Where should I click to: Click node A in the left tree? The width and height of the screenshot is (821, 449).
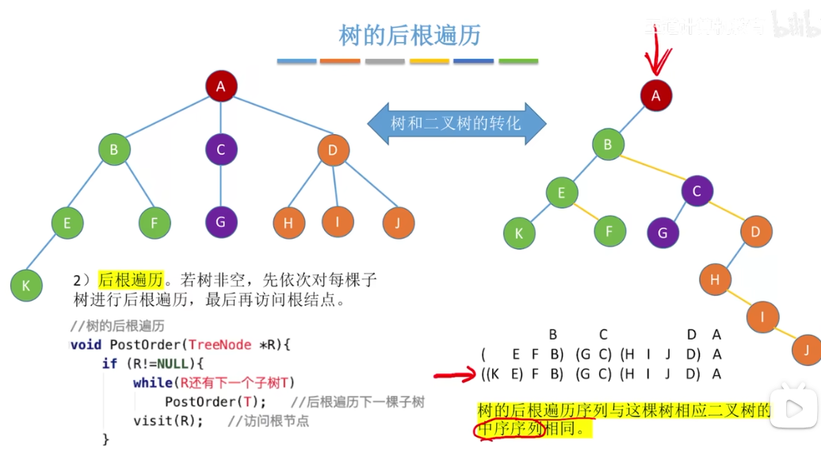[221, 86]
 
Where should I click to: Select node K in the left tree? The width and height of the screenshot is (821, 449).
[26, 286]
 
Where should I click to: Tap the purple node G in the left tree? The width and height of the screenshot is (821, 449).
[220, 222]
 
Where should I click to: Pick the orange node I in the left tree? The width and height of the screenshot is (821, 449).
[338, 221]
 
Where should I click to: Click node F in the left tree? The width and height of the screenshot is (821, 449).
[154, 223]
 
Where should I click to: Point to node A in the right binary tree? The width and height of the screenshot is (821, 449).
[655, 95]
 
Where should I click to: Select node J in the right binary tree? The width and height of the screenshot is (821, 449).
[807, 350]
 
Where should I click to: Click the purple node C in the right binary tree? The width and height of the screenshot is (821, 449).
[697, 191]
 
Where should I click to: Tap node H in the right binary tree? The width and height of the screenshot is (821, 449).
[715, 279]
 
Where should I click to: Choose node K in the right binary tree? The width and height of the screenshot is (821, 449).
[519, 233]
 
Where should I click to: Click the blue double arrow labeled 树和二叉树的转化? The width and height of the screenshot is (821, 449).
[456, 124]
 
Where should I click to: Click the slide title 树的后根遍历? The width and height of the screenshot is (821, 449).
[410, 36]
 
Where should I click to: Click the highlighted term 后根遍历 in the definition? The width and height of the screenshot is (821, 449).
[130, 279]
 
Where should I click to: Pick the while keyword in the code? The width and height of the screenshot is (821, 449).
[151, 382]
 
